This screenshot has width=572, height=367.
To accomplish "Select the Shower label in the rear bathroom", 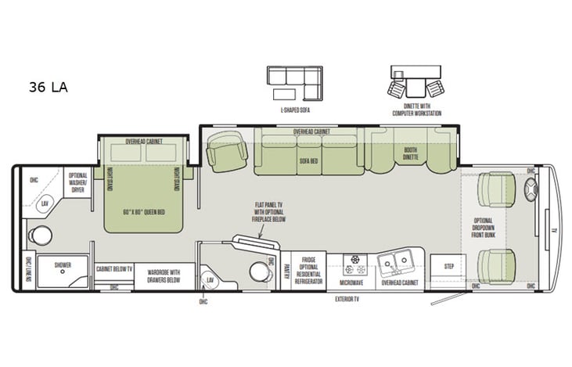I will pyautogui.click(x=63, y=265).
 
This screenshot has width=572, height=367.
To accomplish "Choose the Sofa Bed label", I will pyautogui.click(x=309, y=160).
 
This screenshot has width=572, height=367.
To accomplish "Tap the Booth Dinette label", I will pyautogui.click(x=410, y=153).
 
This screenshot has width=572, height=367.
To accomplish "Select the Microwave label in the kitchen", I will pyautogui.click(x=351, y=282).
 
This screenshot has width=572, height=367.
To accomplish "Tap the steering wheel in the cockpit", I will pyautogui.click(x=530, y=189).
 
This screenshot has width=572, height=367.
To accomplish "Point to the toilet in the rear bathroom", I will pyautogui.click(x=41, y=235).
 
